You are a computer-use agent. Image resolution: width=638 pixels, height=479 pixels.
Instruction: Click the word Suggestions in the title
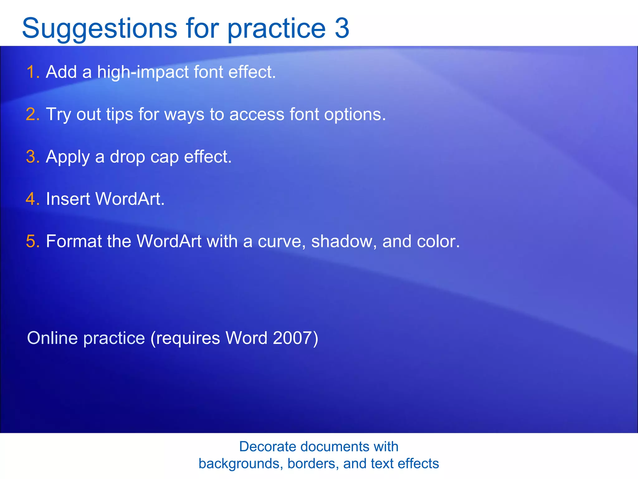click(99, 29)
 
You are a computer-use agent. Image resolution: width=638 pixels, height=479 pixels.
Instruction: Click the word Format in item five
click(74, 241)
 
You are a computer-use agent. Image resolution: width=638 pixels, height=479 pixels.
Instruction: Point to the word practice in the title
click(277, 29)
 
